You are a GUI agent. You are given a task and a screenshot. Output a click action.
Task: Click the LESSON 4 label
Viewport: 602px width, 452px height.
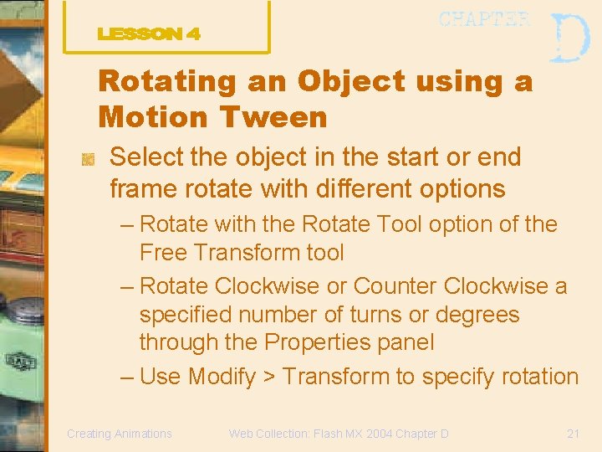[149, 34]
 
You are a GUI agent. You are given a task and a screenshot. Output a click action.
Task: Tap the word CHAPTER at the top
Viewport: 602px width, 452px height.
[484, 19]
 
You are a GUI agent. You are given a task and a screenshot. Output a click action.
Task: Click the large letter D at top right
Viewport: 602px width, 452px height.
[571, 38]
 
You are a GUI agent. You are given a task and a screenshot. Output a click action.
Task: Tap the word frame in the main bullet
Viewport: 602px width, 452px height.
[140, 188]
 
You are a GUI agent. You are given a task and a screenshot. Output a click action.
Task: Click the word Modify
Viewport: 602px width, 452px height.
[222, 377]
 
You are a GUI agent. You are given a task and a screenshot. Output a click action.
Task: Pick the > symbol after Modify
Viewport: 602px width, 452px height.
[269, 377]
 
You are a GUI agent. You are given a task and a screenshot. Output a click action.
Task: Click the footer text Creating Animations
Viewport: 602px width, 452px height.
[120, 434]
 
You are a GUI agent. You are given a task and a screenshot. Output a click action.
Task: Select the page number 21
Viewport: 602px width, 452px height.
[574, 434]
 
